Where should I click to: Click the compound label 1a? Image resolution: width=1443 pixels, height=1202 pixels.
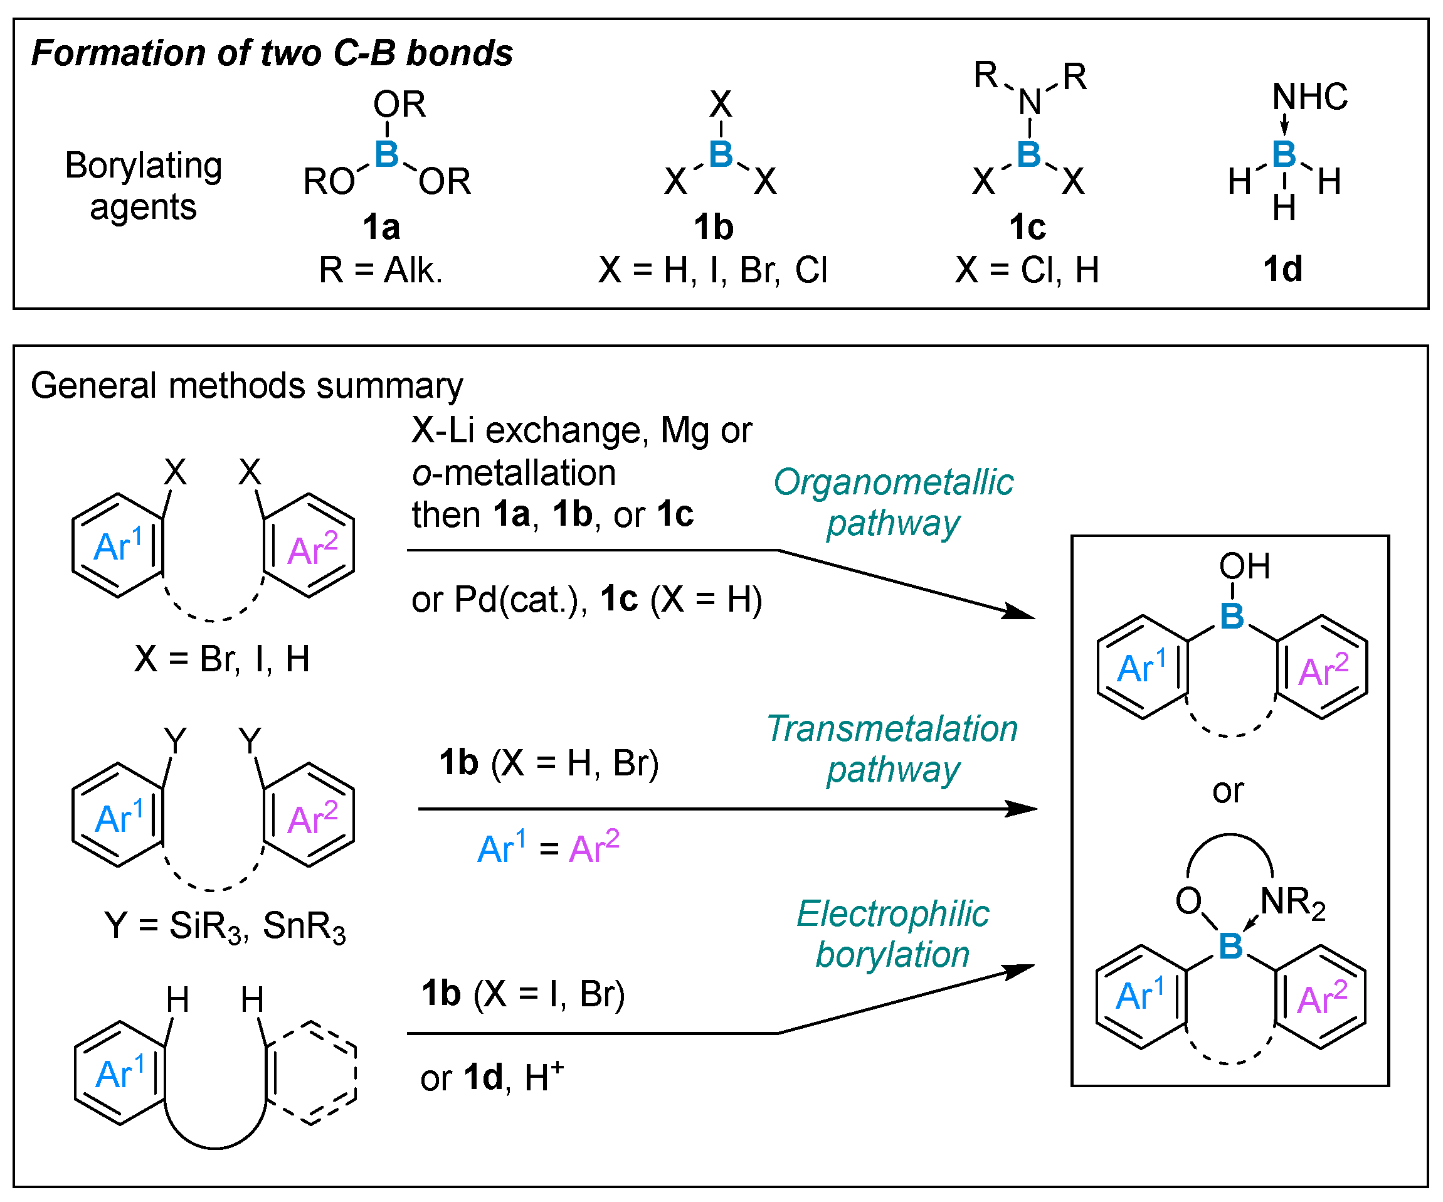pos(381,228)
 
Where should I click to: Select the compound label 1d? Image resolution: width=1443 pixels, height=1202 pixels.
pos(1282,269)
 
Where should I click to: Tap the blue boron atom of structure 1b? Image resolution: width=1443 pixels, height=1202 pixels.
pos(721,154)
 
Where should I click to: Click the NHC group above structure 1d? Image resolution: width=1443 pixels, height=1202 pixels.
pos(1309,97)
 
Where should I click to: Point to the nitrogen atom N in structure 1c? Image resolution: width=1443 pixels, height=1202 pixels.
pos(1029,103)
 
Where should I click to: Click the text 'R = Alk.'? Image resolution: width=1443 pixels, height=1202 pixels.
pos(381,270)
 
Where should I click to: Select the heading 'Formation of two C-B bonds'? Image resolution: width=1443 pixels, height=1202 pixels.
pos(272,53)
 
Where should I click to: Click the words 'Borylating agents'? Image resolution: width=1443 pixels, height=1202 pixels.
pos(143,186)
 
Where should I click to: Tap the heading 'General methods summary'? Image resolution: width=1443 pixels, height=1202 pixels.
pos(246,386)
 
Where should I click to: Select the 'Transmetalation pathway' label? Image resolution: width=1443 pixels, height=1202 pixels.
pos(892,749)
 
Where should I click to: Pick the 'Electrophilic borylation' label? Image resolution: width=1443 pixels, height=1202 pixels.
pos(892,935)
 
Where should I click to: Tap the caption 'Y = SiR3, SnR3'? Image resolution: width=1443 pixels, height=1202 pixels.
pos(225,927)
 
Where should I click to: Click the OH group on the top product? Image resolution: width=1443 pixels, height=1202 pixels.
pos(1244,567)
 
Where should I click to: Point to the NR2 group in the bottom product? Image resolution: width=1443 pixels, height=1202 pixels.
pos(1292,902)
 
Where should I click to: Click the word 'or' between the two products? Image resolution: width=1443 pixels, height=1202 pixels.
pos(1228,791)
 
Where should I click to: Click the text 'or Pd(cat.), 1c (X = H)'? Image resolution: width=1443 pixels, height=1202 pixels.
pos(586,600)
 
